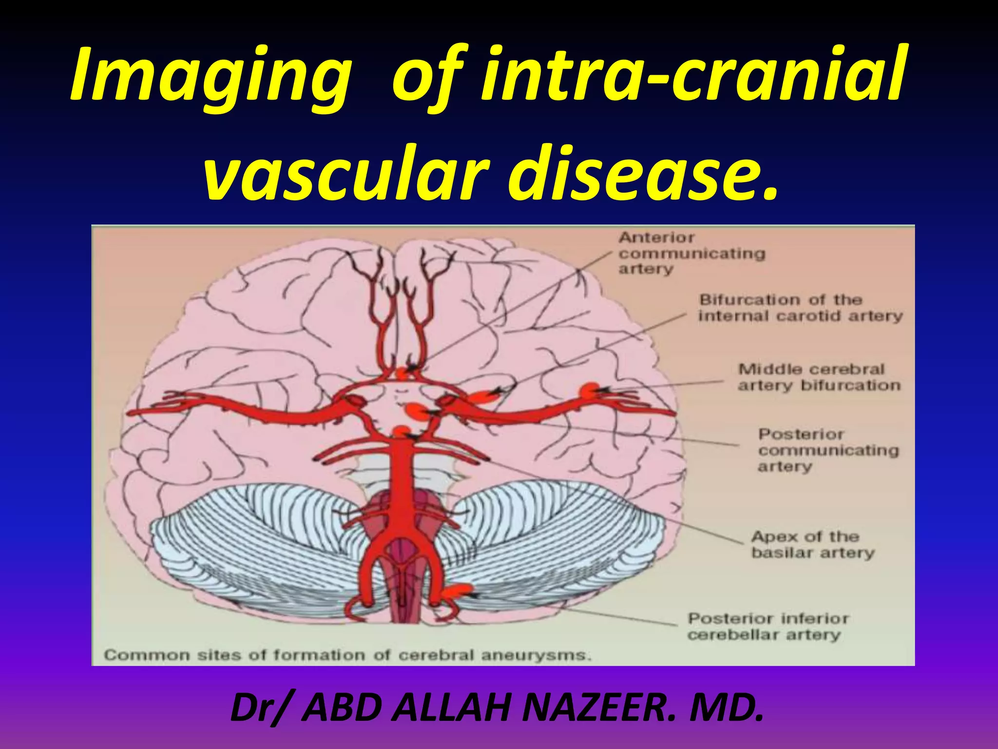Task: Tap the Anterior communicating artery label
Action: coord(692,254)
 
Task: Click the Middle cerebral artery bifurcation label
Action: coord(819,377)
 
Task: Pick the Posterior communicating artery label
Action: coord(828,450)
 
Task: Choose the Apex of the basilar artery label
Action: coord(813,545)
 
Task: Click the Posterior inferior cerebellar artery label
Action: coord(768,627)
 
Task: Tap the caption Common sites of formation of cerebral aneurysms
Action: coord(347,655)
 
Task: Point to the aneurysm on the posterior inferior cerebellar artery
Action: coord(458,591)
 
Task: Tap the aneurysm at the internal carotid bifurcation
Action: coord(482,396)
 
